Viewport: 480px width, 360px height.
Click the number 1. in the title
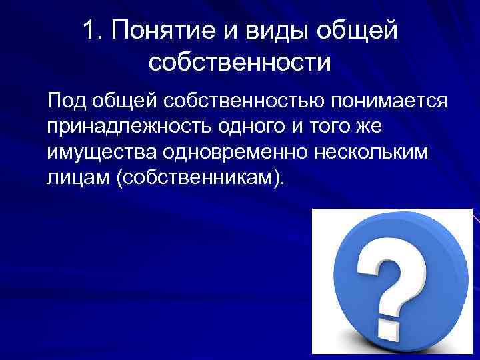coord(95,30)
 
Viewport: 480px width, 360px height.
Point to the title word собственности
coord(240,62)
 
